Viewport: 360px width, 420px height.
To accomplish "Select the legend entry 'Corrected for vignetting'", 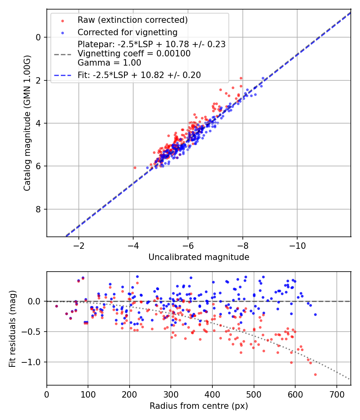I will (127, 32).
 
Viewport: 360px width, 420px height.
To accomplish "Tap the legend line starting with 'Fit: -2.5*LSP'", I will (139, 75).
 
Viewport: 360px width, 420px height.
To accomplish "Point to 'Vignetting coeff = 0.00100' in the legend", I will (134, 53).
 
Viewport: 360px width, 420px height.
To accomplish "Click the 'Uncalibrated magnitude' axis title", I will (199, 257).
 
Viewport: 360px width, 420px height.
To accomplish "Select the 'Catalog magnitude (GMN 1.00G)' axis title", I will (27, 123).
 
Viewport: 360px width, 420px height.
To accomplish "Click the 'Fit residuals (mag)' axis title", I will (12, 328).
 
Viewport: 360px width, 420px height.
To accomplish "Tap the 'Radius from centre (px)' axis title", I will (199, 406).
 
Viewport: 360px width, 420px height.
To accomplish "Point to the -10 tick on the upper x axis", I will (297, 245).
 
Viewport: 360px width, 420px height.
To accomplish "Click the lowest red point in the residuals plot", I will (315, 374).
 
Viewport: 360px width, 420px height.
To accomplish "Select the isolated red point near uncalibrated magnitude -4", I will (135, 168).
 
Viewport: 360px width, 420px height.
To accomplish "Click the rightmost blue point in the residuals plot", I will (315, 314).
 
